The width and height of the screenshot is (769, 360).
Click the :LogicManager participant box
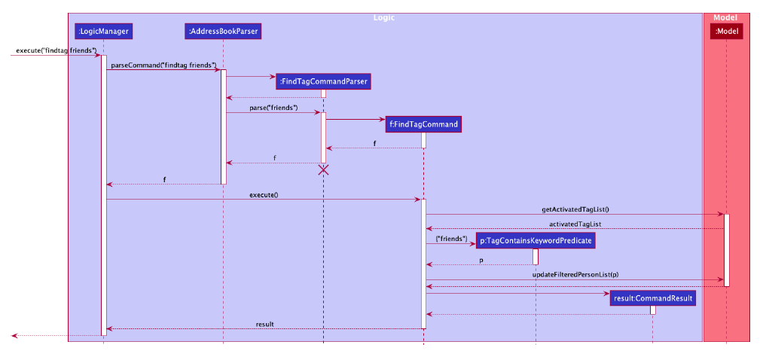(103, 31)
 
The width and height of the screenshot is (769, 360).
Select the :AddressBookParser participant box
(223, 31)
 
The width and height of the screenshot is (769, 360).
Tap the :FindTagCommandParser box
(323, 81)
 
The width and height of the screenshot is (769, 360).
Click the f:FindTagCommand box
(423, 124)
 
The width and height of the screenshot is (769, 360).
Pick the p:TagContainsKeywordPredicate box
(536, 240)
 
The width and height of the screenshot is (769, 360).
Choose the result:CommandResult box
(652, 298)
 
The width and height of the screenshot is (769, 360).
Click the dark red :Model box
(726, 31)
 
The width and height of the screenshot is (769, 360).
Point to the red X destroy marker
(323, 169)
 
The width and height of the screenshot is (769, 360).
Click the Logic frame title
(384, 17)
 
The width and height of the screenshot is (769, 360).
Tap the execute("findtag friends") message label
(54, 50)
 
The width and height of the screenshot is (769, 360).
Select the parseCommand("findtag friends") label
(163, 66)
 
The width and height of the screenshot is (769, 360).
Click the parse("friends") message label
(273, 108)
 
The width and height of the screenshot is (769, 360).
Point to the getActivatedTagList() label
(575, 209)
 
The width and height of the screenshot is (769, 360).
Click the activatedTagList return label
(575, 224)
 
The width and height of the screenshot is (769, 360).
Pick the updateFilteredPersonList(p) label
(575, 274)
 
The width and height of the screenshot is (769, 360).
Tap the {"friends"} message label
(452, 239)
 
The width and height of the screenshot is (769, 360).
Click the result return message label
(264, 324)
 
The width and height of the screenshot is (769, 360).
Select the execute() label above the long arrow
(264, 195)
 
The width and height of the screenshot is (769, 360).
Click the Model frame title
(726, 17)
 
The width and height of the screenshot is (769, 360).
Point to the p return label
(482, 260)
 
